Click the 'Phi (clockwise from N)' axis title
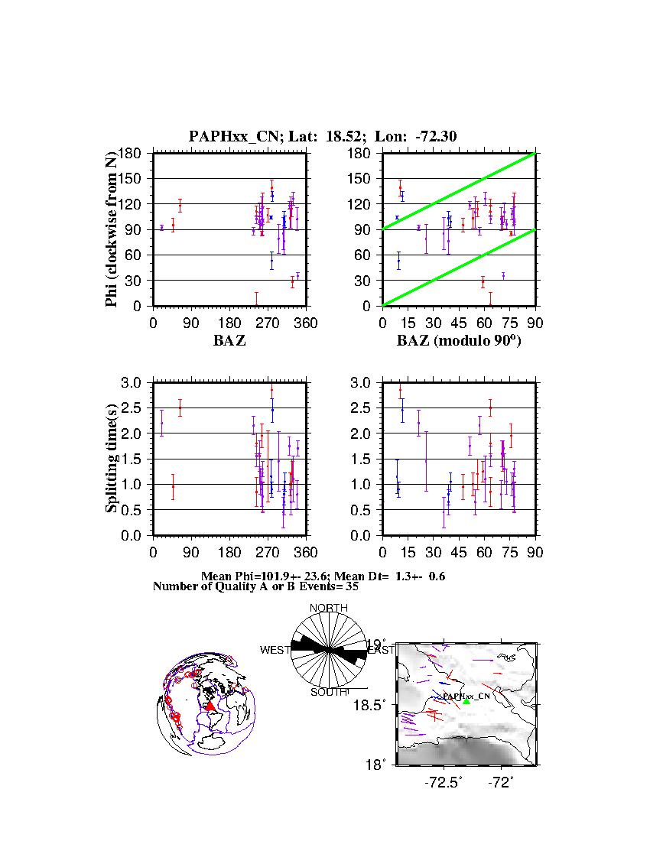(112, 229)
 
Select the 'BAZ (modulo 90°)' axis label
(459, 341)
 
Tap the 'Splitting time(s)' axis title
(112, 459)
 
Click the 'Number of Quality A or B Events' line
(250, 587)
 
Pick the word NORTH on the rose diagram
(329, 608)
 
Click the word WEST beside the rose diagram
(275, 650)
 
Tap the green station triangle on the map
(466, 701)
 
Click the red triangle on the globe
(210, 706)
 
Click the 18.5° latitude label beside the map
(378, 704)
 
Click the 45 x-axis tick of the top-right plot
(459, 323)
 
